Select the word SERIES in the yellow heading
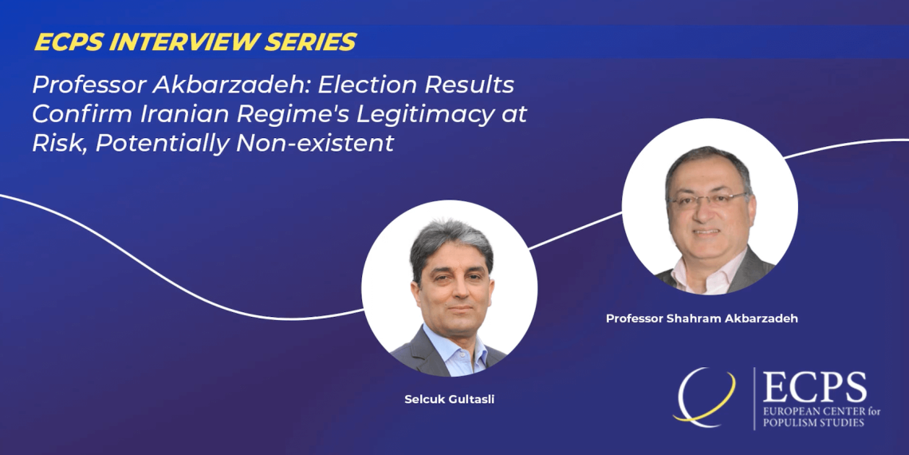click(x=317, y=42)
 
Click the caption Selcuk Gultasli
click(x=449, y=399)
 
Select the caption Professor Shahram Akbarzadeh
click(x=702, y=318)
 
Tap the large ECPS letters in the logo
click(x=814, y=387)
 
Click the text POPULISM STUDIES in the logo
click(x=813, y=422)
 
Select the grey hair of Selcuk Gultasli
click(x=451, y=241)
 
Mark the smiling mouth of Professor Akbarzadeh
click(x=706, y=231)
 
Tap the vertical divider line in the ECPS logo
click(x=754, y=398)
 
